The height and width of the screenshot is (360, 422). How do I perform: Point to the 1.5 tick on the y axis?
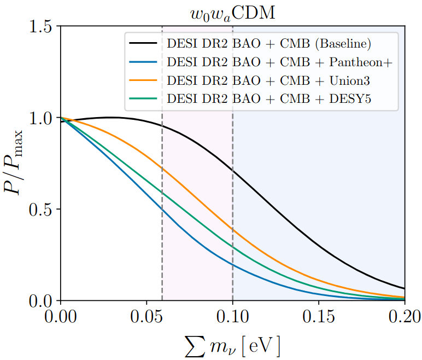pos(42,26)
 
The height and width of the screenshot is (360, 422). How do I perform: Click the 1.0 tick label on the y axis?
pos(42,118)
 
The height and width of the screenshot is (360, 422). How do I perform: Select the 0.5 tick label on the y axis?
pos(42,210)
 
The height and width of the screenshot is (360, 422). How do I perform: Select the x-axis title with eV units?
pos(232,345)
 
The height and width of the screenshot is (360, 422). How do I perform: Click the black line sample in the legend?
pos(144,43)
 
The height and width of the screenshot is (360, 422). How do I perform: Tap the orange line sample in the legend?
pos(144,80)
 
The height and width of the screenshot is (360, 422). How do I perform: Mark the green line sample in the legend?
pos(144,99)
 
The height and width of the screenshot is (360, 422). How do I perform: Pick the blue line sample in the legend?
pos(144,62)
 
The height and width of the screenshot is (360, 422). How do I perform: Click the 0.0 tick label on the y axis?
pos(42,301)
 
